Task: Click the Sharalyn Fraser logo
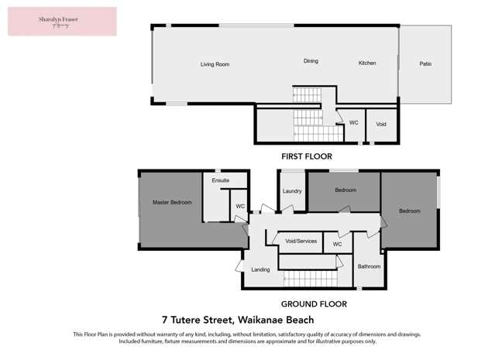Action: tap(62, 21)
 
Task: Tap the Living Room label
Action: tap(215, 64)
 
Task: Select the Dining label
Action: tap(311, 60)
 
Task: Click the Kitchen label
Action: tap(366, 63)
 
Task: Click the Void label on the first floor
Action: tap(380, 123)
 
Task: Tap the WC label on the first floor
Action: tap(353, 122)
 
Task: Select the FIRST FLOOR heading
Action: tap(306, 156)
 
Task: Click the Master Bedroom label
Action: tap(171, 202)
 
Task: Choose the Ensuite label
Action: tap(221, 180)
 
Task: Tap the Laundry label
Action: tap(292, 190)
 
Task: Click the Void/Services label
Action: tap(297, 241)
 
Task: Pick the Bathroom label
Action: tap(369, 266)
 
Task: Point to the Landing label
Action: tap(260, 269)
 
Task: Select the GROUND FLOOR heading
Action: tap(314, 304)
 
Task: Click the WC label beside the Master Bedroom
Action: tap(240, 206)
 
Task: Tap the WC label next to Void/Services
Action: tap(337, 244)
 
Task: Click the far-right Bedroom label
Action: tap(409, 211)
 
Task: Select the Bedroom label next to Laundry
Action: tap(345, 190)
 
